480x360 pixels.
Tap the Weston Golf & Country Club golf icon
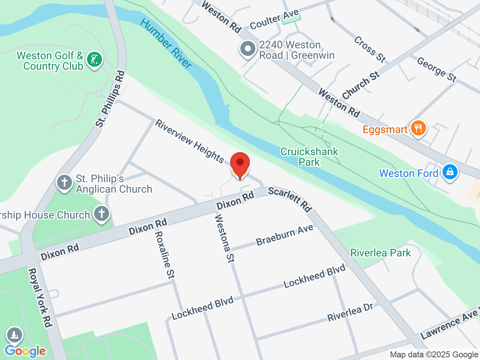[x=94, y=60]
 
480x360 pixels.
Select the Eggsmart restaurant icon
[x=418, y=129]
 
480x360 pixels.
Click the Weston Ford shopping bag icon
[x=449, y=172]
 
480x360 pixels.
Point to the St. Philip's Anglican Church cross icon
[x=64, y=183]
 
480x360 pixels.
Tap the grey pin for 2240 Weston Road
[x=247, y=49]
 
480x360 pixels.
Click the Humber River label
[x=166, y=43]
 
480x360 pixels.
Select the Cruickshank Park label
[x=309, y=157]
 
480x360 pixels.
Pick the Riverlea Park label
[x=380, y=253]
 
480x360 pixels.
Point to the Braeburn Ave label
[x=285, y=235]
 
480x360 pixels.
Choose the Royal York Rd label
[x=40, y=298]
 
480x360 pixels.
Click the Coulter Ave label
[x=274, y=20]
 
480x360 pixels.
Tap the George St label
[x=436, y=69]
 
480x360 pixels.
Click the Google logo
[x=25, y=351]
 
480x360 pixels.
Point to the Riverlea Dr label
[x=350, y=312]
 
